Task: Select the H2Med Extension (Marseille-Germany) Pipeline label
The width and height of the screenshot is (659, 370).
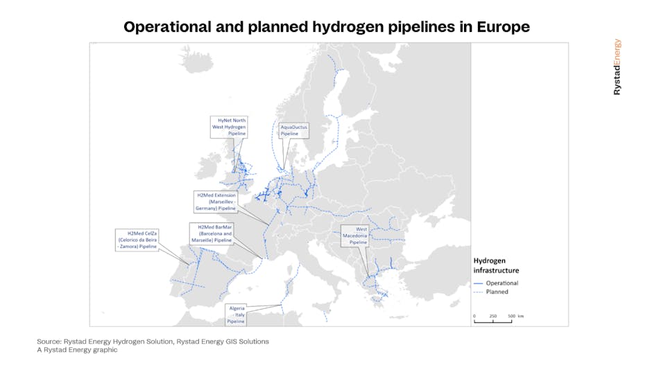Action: pos(216,202)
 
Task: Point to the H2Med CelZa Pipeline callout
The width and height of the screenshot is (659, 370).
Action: pos(138,239)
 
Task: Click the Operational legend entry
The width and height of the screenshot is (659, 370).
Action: pos(502,283)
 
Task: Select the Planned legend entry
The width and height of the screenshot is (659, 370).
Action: pos(497,292)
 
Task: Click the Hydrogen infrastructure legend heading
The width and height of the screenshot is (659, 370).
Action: pos(495,265)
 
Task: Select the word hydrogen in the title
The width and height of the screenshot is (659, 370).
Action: pos(313,27)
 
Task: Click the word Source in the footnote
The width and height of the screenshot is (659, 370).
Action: pos(48,342)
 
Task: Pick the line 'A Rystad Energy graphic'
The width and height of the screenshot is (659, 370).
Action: pos(77,350)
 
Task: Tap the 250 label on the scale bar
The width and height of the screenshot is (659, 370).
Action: pos(493,316)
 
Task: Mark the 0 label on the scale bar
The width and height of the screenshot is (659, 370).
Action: pos(474,316)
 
